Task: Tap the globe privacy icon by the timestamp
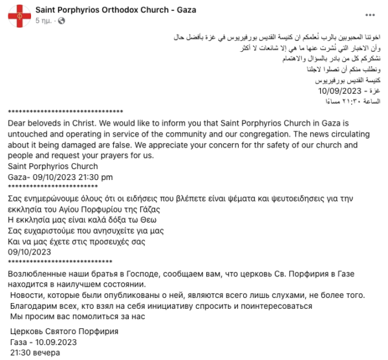(x=62, y=21)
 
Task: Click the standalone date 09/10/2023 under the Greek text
(x=29, y=252)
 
